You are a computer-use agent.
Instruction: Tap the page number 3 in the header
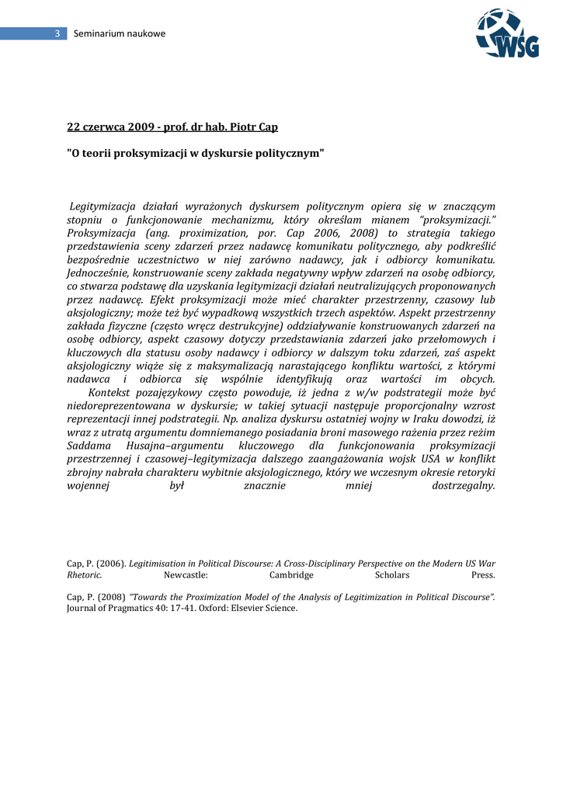tap(57, 33)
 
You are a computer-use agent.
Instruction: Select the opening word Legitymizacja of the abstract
tap(103, 206)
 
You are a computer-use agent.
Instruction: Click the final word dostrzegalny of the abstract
tap(463, 485)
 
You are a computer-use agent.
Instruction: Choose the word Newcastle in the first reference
tap(186, 575)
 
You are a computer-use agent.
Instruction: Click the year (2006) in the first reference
tap(111, 563)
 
